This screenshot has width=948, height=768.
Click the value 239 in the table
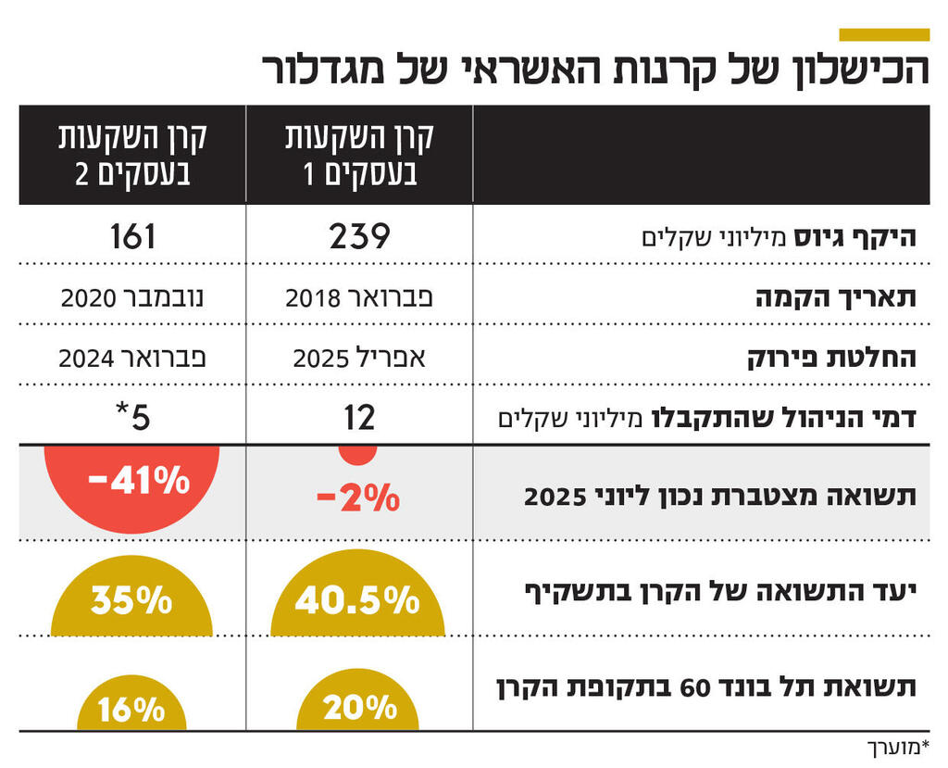click(359, 237)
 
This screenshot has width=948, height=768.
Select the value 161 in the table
click(132, 237)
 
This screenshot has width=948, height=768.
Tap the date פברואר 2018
click(359, 298)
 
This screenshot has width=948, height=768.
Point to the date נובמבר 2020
click(132, 298)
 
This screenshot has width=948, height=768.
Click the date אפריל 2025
click(359, 359)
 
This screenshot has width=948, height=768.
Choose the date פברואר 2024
click(132, 359)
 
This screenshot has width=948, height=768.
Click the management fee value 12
click(359, 418)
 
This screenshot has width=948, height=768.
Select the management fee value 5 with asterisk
click(132, 418)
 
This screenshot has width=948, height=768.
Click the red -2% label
click(358, 499)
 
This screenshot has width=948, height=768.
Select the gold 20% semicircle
click(359, 706)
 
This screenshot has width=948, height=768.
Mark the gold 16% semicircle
click(131, 709)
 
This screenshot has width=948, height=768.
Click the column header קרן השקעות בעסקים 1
click(359, 154)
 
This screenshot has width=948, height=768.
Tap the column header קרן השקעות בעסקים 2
click(132, 154)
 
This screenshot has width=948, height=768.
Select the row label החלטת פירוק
click(832, 359)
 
